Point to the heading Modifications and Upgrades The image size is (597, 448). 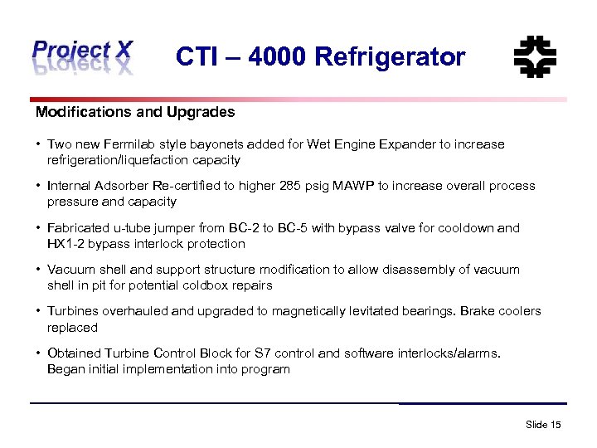click(x=135, y=112)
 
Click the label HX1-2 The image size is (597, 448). click(x=67, y=244)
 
